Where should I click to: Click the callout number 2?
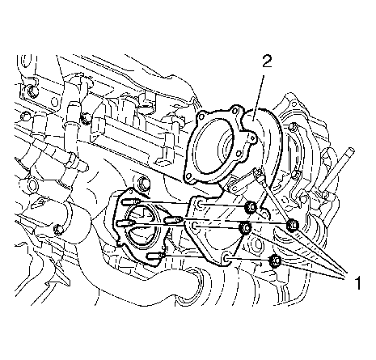point(266,61)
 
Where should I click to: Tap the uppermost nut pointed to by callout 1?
point(251,208)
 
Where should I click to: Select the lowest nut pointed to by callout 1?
point(275,260)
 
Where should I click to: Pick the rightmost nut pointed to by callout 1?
point(292,224)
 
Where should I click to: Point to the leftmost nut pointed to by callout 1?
point(245,228)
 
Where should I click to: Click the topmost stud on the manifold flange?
point(131,201)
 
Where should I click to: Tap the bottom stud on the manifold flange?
point(155,256)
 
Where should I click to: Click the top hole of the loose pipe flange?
point(201,205)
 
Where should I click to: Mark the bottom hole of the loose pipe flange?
point(226,258)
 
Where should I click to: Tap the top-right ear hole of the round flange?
point(235,110)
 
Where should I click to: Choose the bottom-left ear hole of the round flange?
point(189,176)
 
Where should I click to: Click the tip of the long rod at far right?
point(351,150)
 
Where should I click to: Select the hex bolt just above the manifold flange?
point(142,184)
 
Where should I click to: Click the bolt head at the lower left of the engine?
point(58,229)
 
